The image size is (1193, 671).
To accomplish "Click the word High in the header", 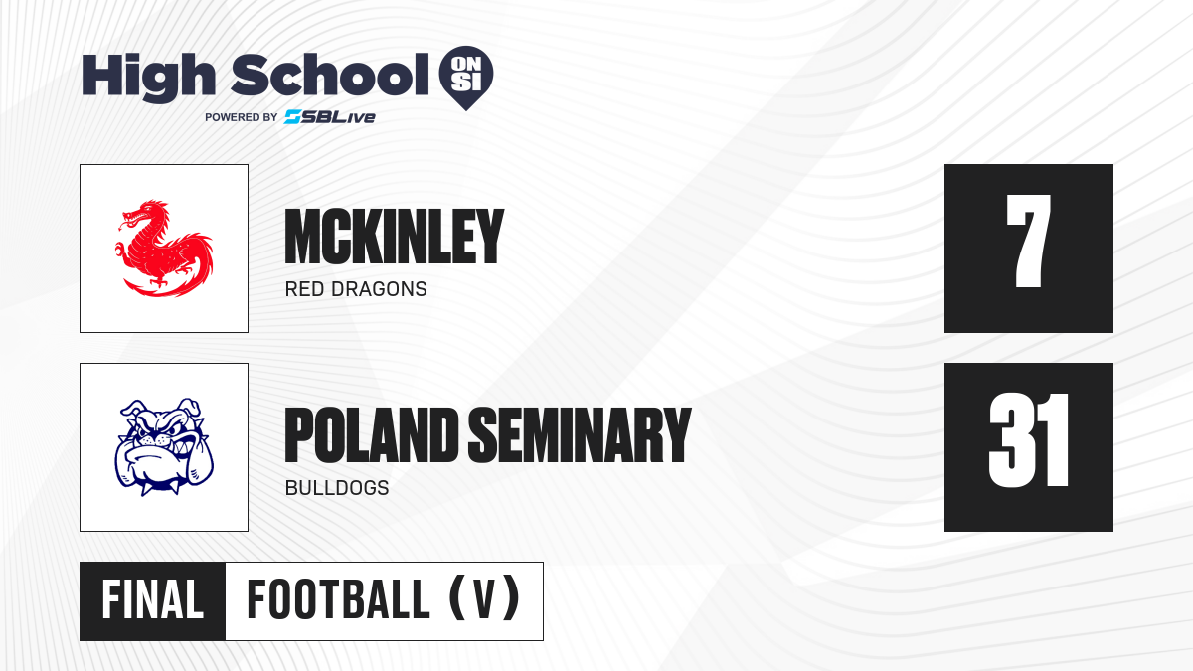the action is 148,78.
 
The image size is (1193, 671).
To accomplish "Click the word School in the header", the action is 330,75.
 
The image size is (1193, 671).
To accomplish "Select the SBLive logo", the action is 330,117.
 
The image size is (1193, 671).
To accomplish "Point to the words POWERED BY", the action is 241,117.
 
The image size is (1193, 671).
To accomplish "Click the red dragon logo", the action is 165,249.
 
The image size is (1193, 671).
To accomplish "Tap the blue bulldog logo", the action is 164,446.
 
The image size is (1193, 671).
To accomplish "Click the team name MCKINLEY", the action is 394,237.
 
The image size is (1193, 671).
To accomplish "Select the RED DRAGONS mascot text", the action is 356,289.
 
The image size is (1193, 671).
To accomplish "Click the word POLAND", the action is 372,435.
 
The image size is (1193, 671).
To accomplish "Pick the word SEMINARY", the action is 580,435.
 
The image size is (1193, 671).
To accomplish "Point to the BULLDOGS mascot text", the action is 337,488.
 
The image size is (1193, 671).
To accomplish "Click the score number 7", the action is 1028,242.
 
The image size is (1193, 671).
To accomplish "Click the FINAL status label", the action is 153,599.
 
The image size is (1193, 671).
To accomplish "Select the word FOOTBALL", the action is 338,599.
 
